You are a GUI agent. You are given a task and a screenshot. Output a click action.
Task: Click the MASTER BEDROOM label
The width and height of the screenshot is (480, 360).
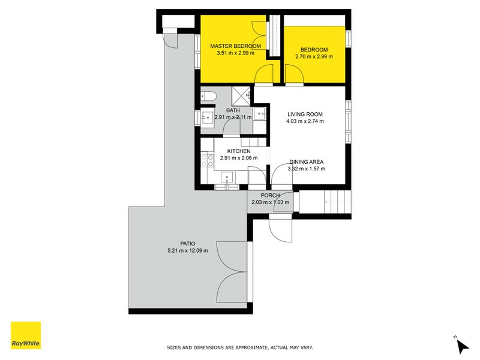coord(235,46)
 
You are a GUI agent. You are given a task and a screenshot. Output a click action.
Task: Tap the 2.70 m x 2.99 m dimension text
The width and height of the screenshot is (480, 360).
coord(314,57)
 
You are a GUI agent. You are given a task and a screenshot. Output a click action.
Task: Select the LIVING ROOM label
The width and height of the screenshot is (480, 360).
coord(305,114)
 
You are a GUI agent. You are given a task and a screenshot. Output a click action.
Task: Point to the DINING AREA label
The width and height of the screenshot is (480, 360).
coord(307,162)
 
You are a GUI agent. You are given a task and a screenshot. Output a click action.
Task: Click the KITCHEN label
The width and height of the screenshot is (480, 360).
coord(238,151)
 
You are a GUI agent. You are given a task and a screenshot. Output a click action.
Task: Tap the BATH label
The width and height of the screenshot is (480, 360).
coord(233,110)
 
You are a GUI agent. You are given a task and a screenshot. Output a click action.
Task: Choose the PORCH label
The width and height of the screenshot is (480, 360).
coord(270,195)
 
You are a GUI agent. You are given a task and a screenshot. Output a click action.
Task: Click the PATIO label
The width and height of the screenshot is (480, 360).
coord(188,243)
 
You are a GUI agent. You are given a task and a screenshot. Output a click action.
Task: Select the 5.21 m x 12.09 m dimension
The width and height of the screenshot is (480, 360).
coord(188,251)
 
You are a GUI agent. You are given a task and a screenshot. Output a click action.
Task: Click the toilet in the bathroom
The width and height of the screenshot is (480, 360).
coord(208,95)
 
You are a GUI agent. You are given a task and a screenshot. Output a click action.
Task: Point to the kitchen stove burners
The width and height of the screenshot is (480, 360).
coord(208,160)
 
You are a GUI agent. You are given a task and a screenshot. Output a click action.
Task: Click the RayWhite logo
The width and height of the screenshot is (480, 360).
coord(26,335)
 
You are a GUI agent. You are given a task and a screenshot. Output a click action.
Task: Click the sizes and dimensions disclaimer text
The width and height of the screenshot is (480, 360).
coord(239,347)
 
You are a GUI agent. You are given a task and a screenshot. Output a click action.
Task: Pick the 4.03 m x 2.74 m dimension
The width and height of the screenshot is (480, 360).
coord(305,121)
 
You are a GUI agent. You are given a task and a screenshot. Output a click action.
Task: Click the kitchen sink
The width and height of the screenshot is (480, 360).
coord(227,177)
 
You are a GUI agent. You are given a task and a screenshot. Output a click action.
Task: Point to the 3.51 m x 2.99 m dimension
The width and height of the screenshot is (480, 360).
coord(235,53)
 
